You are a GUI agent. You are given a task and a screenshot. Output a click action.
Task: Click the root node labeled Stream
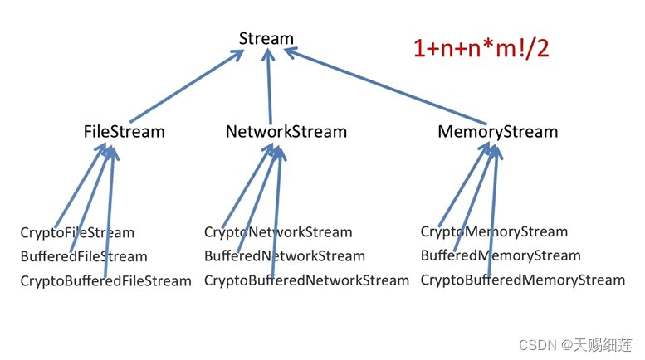coord(266,39)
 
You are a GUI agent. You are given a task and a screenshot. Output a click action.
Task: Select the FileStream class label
coord(125,132)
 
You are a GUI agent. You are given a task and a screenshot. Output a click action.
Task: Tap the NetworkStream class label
coord(286,132)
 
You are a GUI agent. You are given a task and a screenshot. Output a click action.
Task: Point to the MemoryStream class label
coord(498,133)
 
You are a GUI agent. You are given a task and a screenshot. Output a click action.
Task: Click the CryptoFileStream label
coord(77,233)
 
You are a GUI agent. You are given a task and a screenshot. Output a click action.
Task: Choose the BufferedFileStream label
coord(84,256)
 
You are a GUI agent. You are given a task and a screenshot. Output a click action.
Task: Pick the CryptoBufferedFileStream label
coord(105,281)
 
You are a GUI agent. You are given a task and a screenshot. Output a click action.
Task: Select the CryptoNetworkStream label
coord(278,232)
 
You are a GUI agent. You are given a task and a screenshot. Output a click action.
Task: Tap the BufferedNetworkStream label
coord(285,256)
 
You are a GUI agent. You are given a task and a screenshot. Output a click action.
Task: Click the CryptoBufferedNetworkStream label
coord(307,280)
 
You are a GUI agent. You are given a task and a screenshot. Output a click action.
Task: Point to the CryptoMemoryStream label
coord(494,231)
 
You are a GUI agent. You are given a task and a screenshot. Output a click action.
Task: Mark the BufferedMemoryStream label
coord(501,255)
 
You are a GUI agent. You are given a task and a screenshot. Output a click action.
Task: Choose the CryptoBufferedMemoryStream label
coord(523,280)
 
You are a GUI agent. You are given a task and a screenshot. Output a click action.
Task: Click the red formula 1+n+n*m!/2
coord(481,48)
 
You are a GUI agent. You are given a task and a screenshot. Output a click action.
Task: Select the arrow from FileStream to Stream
coord(187,86)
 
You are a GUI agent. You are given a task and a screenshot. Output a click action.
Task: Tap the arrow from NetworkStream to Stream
coord(269,86)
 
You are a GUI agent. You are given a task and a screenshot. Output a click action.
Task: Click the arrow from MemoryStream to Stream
coord(385,85)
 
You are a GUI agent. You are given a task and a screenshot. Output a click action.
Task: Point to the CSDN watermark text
coord(575,345)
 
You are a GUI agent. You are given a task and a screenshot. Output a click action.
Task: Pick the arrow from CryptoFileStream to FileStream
coord(81,186)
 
